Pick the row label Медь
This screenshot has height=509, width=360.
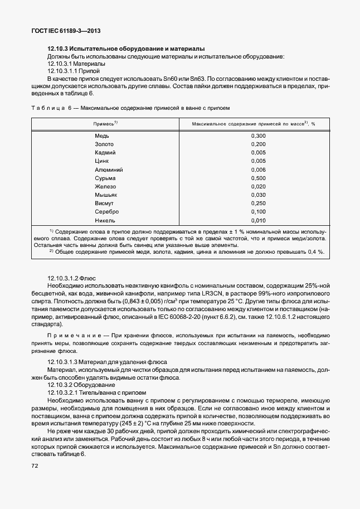point(102,136)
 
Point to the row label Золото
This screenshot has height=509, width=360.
point(104,144)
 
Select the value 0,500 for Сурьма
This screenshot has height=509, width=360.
point(258,178)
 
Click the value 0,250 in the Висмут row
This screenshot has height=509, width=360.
point(258,203)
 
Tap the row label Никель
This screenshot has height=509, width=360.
point(104,220)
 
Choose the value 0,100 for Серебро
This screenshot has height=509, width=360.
point(258,212)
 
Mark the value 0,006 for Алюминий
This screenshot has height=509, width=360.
point(258,169)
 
